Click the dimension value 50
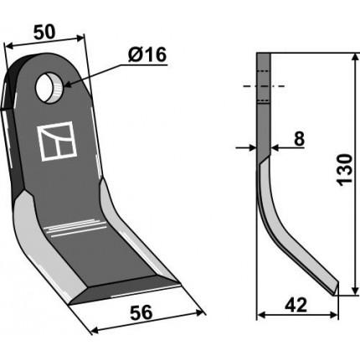(44, 32)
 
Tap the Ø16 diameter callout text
(147, 54)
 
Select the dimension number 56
(141, 312)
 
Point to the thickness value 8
(299, 139)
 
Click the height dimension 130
(345, 169)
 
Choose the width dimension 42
(296, 305)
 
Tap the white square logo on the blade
(57, 141)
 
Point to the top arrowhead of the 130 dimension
(355, 57)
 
